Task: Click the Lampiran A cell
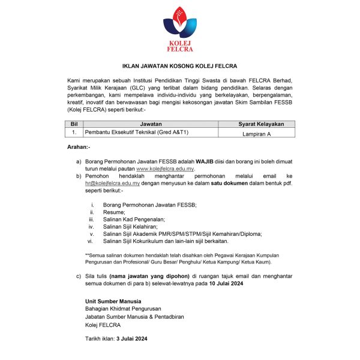(253, 134)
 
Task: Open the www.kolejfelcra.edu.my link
(166, 170)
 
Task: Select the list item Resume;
(114, 212)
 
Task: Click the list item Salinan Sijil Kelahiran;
(131, 227)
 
